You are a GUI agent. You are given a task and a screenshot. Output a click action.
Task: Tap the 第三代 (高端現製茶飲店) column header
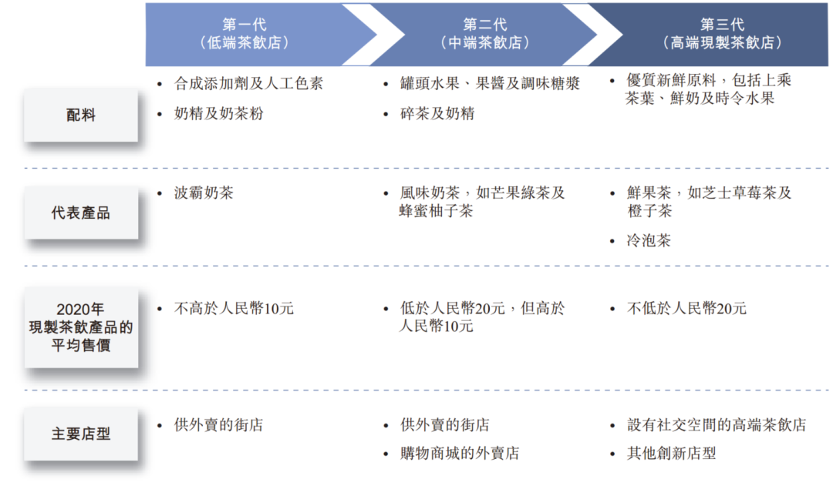pos(722,34)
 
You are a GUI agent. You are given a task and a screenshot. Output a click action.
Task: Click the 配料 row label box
pos(81,116)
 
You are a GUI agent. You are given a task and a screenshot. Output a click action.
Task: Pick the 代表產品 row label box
pos(81,213)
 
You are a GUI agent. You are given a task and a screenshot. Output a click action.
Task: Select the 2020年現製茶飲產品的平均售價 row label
pos(81,327)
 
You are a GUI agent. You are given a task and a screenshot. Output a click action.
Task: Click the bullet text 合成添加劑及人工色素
pos(248,83)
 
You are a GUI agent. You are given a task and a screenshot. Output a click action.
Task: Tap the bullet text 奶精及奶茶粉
pos(219,113)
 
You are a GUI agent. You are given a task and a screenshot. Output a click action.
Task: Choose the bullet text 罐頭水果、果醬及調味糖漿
pos(490,83)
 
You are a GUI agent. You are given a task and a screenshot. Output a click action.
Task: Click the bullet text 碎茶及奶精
pos(437,113)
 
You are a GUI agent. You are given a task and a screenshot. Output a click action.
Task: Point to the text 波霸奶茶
pos(204,193)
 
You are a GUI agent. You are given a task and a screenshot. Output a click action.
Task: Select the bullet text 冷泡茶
pos(649,240)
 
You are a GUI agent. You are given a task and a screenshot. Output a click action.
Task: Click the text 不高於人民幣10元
pos(234,309)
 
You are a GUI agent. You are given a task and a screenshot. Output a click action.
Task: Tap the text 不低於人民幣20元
pos(686,309)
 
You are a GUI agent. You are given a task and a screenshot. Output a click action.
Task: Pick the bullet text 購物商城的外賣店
pos(460,454)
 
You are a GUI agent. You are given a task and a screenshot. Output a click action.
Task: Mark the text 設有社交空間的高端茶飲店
pos(717,424)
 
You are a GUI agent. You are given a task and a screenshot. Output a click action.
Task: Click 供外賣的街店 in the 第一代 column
pos(218,424)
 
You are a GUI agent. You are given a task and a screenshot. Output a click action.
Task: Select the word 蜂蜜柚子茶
pos(436,210)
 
